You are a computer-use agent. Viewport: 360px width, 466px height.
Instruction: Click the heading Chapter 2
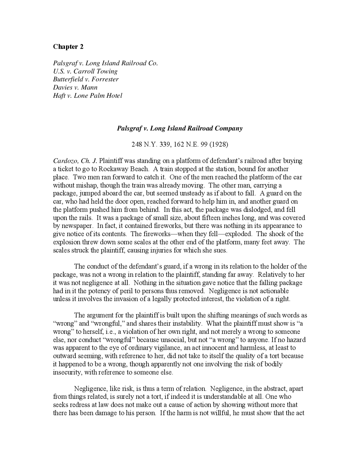[x=68, y=47]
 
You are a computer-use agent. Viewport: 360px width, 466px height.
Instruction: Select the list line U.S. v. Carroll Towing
[x=85, y=71]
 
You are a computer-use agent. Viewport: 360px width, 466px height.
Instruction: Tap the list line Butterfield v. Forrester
[x=86, y=79]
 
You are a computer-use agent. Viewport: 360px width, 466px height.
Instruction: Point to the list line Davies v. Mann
[x=75, y=88]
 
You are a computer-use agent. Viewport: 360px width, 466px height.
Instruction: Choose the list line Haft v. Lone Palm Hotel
[x=87, y=96]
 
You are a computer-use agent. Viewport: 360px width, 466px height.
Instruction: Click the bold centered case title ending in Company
[x=179, y=129]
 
